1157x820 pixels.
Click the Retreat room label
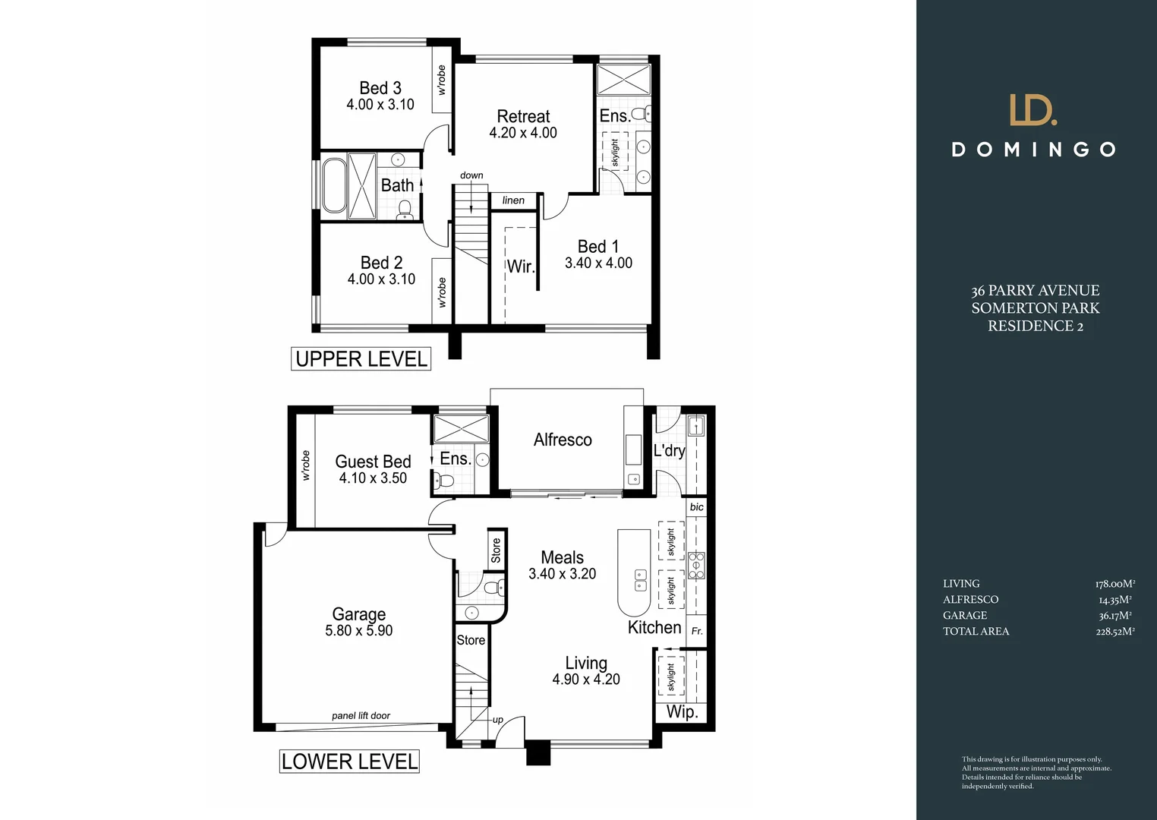coord(523,116)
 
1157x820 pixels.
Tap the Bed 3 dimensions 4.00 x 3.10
coord(380,105)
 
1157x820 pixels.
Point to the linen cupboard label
coord(513,200)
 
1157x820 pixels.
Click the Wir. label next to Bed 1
coord(521,266)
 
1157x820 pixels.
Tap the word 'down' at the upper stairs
coord(471,175)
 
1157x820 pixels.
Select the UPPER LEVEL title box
coord(361,359)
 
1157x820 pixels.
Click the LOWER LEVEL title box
coord(349,762)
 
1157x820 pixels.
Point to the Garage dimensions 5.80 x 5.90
coord(358,631)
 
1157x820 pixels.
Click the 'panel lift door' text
coord(361,716)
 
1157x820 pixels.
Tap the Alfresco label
coord(563,440)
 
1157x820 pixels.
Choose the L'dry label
coord(669,450)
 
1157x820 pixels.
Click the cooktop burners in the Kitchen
coord(696,566)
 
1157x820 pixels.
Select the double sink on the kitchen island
coord(640,580)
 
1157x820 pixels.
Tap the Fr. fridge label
coord(697,631)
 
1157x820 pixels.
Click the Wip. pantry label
coord(682,712)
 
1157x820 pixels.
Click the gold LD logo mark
coord(1032,110)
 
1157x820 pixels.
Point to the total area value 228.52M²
coord(1114,632)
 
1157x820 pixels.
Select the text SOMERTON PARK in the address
coord(1035,308)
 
